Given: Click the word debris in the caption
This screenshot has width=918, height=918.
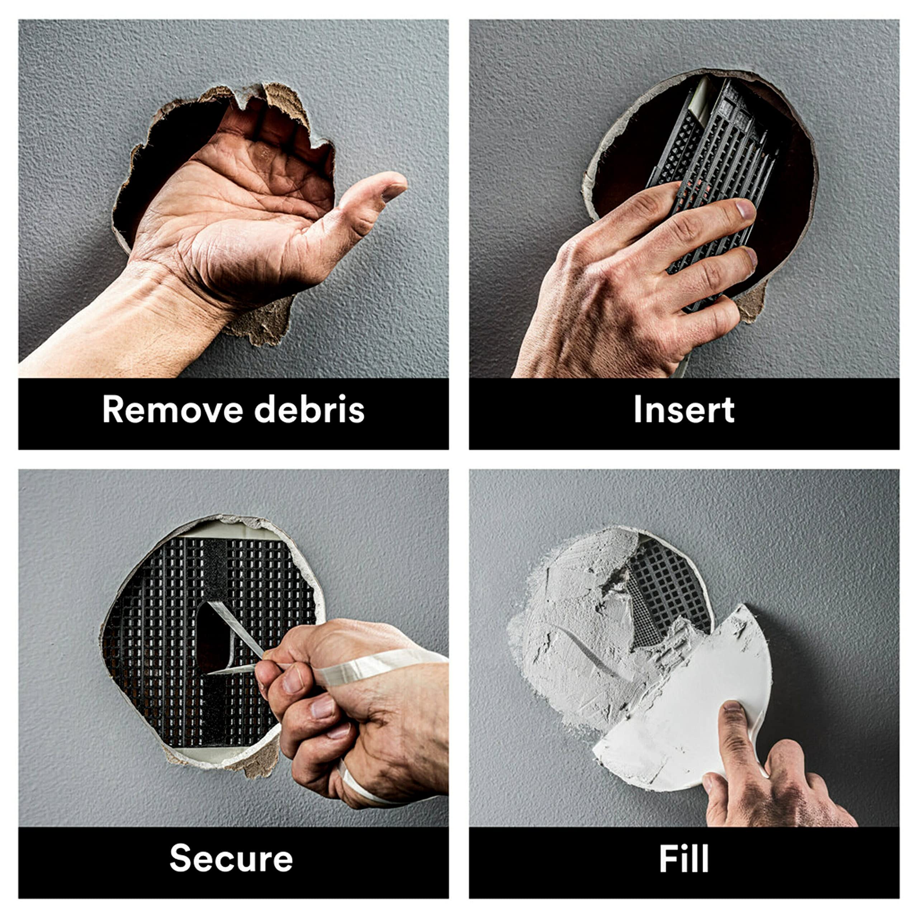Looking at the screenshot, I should point(309,409).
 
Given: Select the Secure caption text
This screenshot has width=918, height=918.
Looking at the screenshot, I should point(231,858).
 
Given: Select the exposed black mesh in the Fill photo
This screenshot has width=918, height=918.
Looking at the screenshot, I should point(665,589).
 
